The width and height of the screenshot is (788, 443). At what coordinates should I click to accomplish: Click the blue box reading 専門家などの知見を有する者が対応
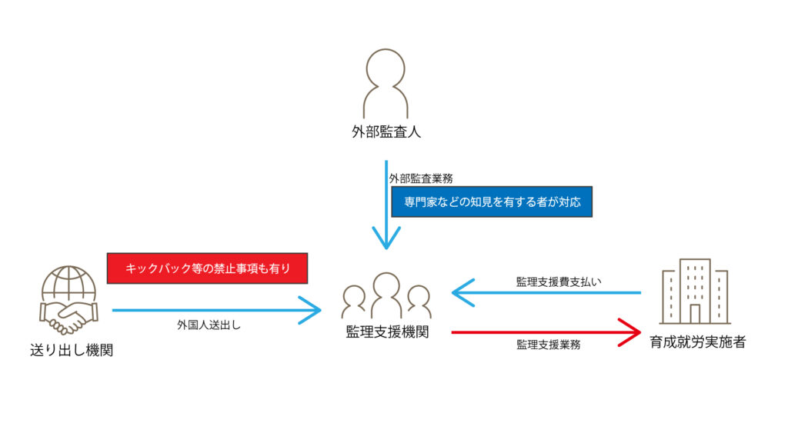(x=492, y=202)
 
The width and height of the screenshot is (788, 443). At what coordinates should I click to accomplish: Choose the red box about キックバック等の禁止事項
(x=207, y=268)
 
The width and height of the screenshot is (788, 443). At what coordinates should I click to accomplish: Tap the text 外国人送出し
(x=209, y=325)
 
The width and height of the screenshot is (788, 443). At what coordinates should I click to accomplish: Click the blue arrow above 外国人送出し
(x=215, y=310)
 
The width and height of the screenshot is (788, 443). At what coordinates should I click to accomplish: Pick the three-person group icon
(x=386, y=295)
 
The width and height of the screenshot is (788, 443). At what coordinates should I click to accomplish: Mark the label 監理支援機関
(x=387, y=332)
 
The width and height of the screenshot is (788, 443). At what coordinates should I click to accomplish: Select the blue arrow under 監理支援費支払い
(x=546, y=293)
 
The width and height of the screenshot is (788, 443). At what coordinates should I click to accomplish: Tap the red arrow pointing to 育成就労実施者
(x=546, y=332)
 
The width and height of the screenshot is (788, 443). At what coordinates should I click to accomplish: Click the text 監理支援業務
(x=548, y=345)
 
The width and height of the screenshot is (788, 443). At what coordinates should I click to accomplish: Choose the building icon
(x=695, y=291)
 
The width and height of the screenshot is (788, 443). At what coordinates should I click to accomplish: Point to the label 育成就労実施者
(x=697, y=342)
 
